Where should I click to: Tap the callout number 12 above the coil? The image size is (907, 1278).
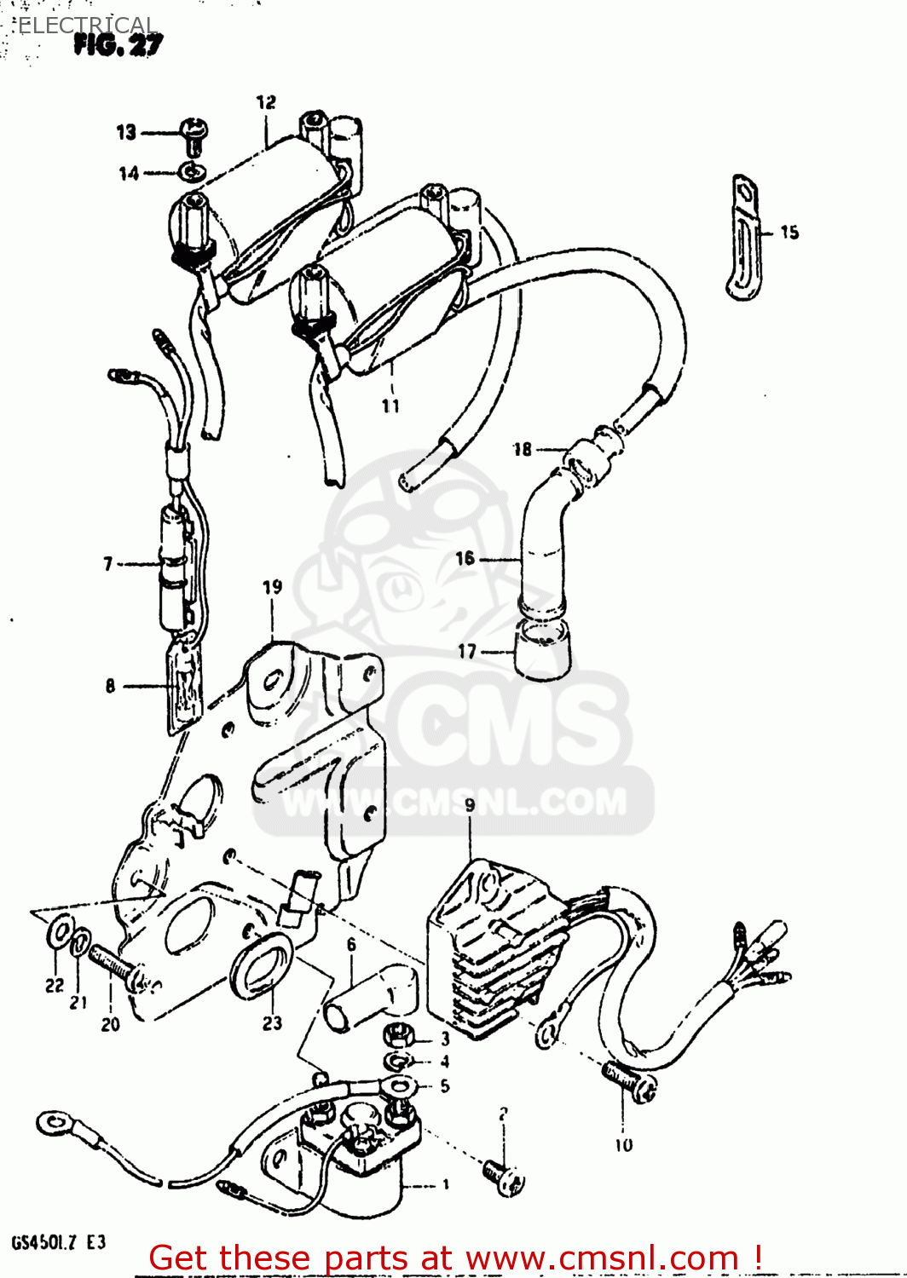[x=266, y=102]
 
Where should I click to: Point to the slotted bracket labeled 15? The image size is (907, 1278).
[x=745, y=238]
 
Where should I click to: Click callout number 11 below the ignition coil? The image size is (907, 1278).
[x=390, y=406]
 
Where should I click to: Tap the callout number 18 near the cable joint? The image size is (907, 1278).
[x=522, y=449]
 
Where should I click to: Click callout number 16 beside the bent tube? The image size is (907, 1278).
[x=465, y=558]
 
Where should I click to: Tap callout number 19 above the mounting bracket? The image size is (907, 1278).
[x=272, y=587]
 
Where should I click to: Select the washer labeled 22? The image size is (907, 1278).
[x=58, y=932]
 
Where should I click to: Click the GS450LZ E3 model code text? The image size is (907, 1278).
[x=58, y=1242]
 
